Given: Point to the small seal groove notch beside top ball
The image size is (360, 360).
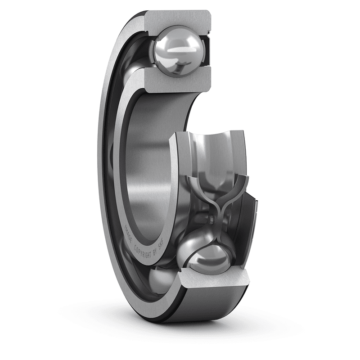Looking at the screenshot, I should coord(208,32).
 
